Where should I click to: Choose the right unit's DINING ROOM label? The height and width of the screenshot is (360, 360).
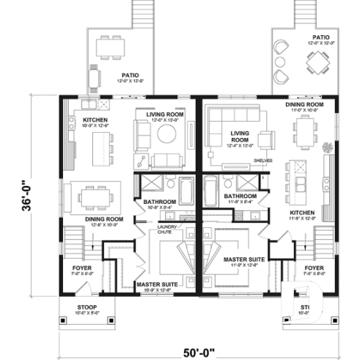[x=304, y=105]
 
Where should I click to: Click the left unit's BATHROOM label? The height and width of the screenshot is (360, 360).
[x=160, y=202]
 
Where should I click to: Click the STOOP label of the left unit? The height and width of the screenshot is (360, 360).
[x=86, y=306]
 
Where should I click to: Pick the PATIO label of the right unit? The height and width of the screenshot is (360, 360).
[x=320, y=37]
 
